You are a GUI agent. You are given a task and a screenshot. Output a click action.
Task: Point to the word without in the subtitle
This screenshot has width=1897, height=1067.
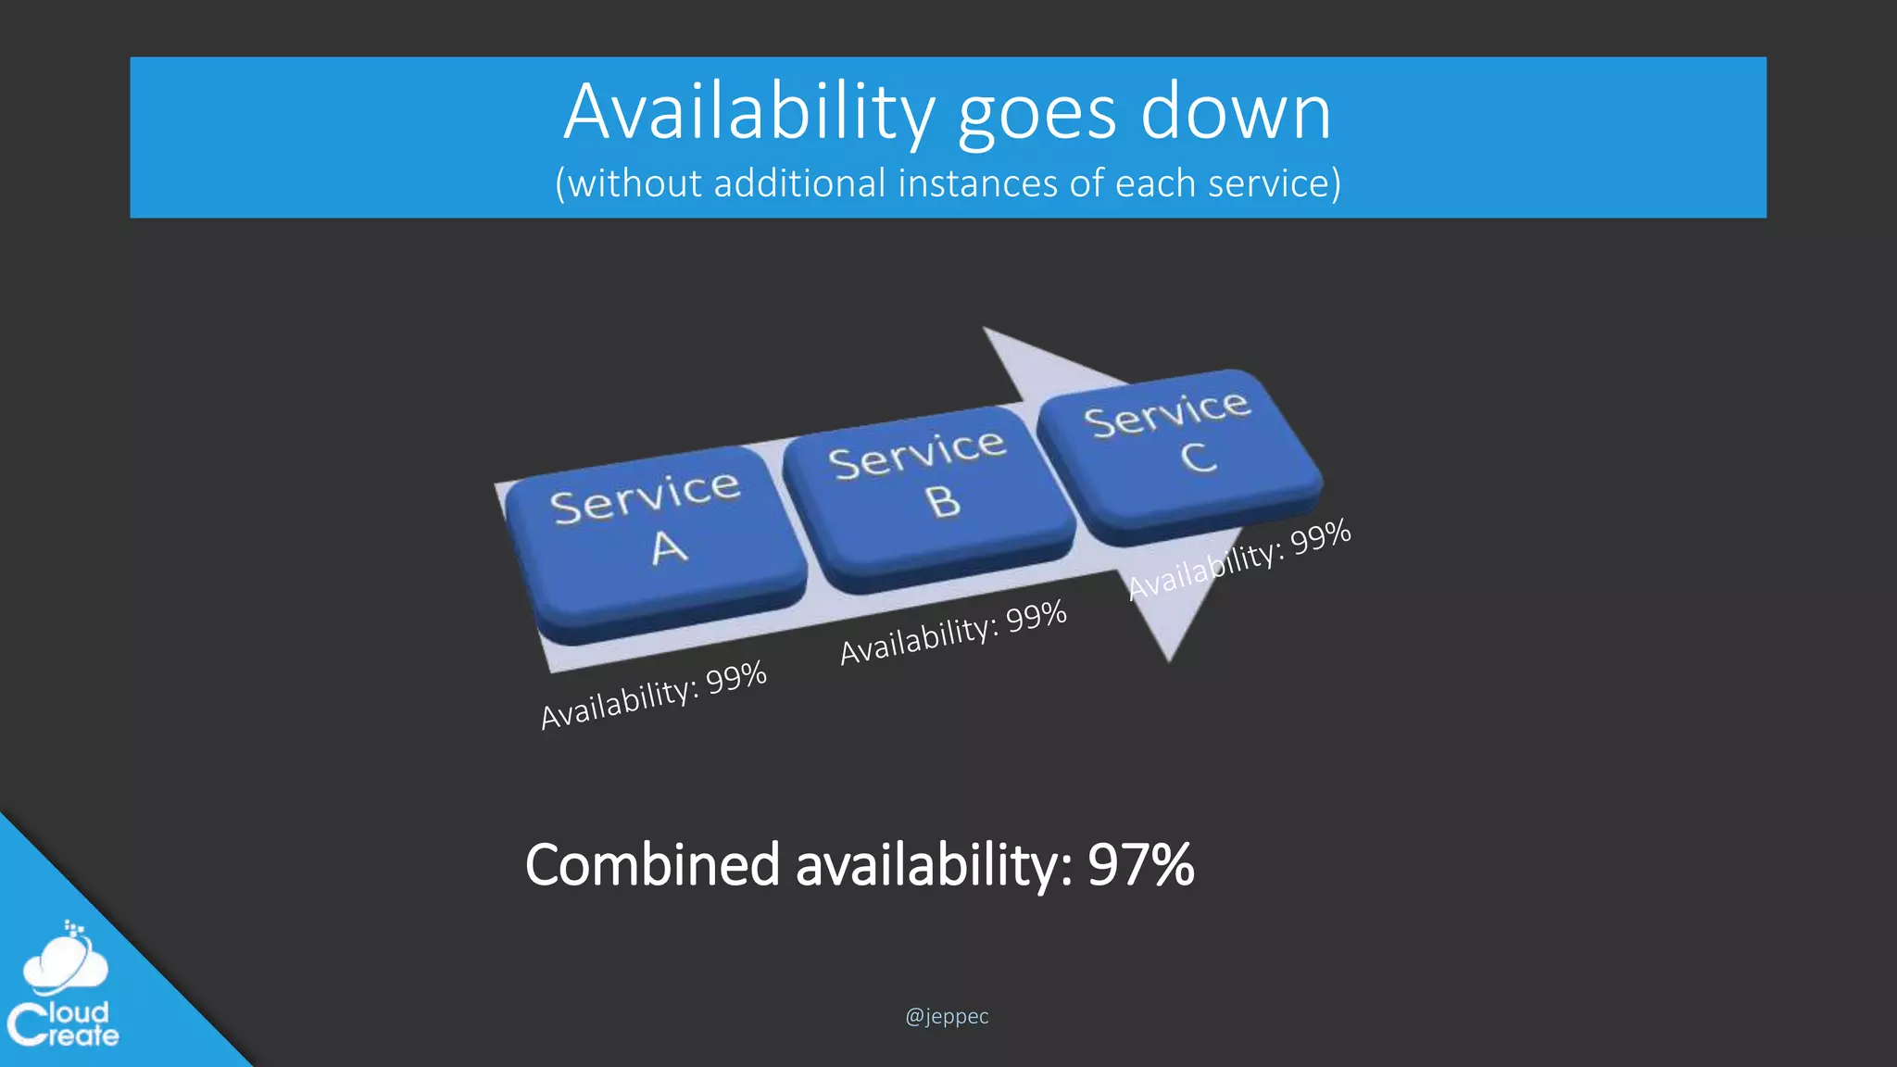click(634, 183)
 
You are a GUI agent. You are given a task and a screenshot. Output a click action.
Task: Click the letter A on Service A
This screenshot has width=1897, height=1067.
click(669, 548)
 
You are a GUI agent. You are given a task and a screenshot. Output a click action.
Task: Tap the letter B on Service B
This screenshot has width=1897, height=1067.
click(943, 501)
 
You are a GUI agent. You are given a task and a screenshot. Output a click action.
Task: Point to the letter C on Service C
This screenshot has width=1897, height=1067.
click(1199, 458)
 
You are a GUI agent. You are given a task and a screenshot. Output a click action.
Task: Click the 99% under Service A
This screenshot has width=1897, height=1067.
click(736, 678)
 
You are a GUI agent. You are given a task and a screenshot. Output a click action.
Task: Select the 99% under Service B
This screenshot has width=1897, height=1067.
click(1036, 616)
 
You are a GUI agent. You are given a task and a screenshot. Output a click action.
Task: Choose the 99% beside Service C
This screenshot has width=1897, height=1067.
click(1321, 537)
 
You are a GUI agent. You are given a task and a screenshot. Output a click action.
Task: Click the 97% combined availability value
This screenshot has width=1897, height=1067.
click(1140, 865)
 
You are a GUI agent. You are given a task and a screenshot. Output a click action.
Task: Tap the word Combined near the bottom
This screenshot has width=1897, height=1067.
click(652, 865)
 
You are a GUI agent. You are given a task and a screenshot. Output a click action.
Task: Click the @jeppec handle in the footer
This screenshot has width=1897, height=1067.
click(947, 1016)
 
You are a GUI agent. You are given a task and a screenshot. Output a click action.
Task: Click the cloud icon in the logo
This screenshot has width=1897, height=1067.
click(65, 961)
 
